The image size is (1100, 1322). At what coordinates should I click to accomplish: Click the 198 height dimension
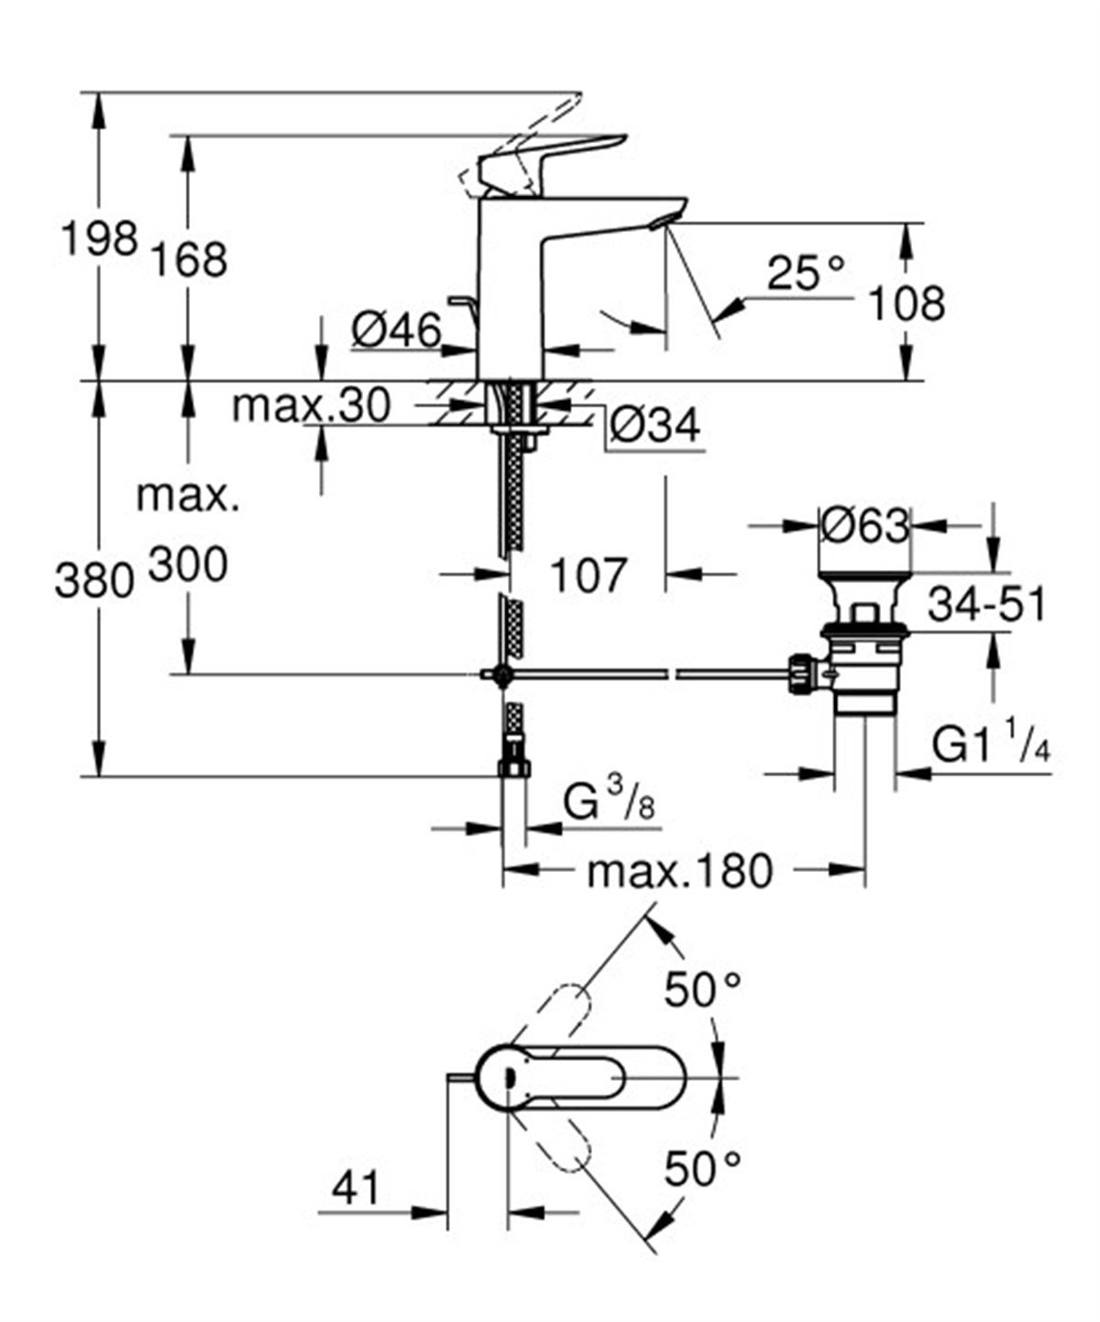click(x=98, y=240)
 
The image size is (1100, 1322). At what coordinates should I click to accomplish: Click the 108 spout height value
click(x=906, y=303)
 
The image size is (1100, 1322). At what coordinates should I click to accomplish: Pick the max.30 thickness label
click(x=311, y=405)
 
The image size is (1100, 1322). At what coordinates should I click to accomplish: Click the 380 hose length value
click(x=94, y=580)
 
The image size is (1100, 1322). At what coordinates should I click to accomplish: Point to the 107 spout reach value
click(x=588, y=575)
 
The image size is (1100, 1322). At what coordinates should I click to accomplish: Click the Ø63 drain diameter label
click(x=864, y=526)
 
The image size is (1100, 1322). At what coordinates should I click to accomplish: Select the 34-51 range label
click(x=986, y=605)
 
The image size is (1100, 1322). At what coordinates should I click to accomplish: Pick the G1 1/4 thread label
click(x=991, y=747)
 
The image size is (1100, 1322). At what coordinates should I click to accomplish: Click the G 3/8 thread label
click(x=606, y=805)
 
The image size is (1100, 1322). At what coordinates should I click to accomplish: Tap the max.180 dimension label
click(x=679, y=871)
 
